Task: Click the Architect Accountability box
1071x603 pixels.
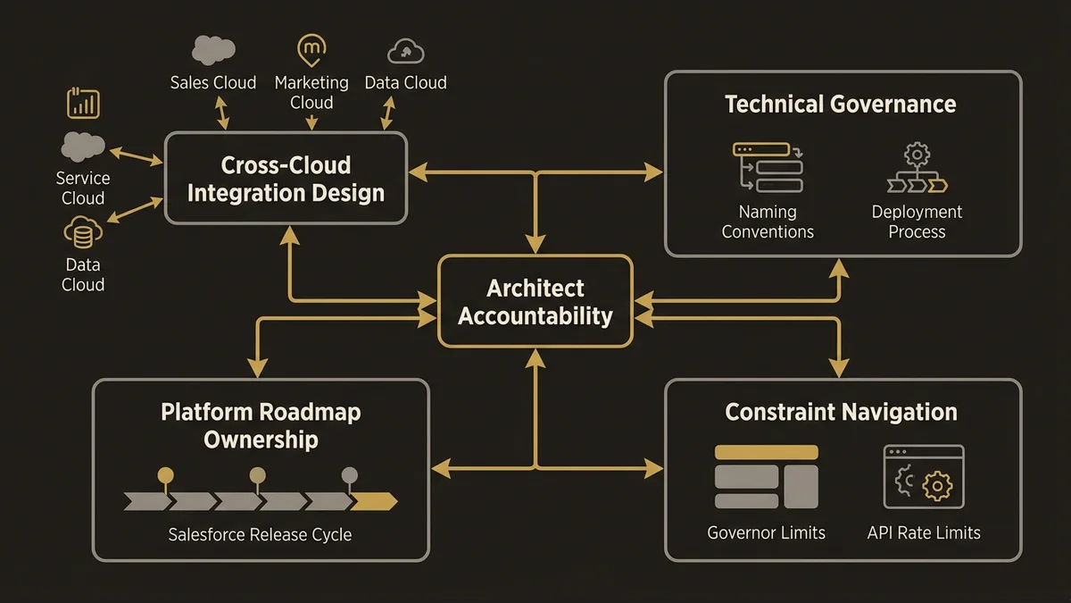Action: click(x=535, y=302)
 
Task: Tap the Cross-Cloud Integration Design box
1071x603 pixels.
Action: click(x=286, y=179)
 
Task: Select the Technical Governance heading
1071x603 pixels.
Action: click(x=840, y=105)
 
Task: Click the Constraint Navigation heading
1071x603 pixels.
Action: click(x=841, y=412)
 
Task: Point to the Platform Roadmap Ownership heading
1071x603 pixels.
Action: click(x=261, y=425)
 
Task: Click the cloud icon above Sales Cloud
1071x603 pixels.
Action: click(x=213, y=50)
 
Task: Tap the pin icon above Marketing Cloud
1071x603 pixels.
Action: click(x=311, y=50)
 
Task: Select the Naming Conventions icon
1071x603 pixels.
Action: click(x=768, y=167)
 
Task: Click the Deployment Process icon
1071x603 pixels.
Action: click(x=917, y=169)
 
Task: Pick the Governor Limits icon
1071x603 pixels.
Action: click(x=766, y=477)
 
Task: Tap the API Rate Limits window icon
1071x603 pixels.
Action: click(x=924, y=477)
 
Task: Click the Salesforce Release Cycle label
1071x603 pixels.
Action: click(x=260, y=535)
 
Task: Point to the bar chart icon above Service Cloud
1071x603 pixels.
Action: click(x=83, y=104)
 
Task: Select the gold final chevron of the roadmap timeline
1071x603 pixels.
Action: click(x=373, y=501)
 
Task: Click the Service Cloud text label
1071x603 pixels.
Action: click(x=83, y=188)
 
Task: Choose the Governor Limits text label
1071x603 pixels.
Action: click(x=766, y=532)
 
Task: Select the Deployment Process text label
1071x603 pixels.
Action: click(x=917, y=222)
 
